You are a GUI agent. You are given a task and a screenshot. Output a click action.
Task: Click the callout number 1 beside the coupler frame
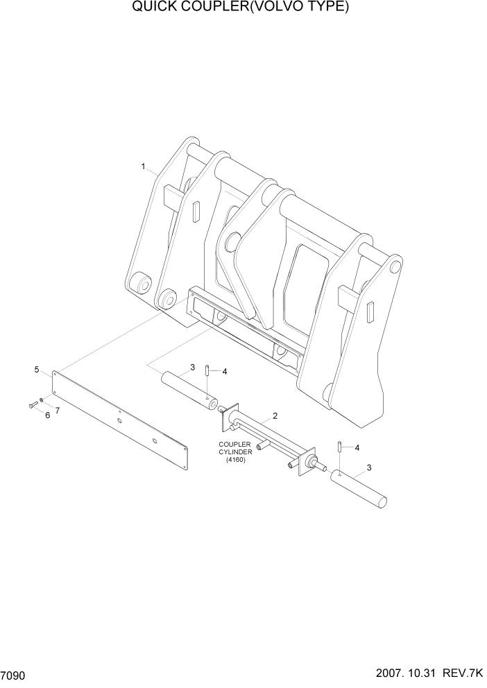coord(143,166)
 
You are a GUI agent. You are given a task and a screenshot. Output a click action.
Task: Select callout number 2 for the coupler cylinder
coord(275,416)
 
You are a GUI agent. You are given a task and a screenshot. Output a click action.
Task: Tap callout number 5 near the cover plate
coord(36,370)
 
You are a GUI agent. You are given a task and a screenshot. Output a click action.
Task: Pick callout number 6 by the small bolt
coord(47,415)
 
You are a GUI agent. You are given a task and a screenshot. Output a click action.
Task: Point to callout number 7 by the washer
coord(57,410)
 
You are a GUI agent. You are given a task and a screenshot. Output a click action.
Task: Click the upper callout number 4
coord(224,371)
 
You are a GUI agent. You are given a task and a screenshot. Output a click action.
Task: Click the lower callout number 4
coord(357,447)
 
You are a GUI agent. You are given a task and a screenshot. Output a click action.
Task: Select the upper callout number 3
coord(192,367)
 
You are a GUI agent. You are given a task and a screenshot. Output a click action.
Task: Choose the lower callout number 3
coord(368,467)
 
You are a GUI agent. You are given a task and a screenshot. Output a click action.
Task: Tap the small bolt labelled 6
coord(32,405)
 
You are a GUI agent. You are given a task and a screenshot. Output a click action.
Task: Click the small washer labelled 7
coord(42,401)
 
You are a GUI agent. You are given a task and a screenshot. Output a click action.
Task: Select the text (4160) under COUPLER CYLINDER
coord(236,460)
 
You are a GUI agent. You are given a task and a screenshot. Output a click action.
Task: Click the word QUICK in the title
coord(153,8)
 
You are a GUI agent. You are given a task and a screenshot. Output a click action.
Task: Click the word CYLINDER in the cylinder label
coord(236,452)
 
